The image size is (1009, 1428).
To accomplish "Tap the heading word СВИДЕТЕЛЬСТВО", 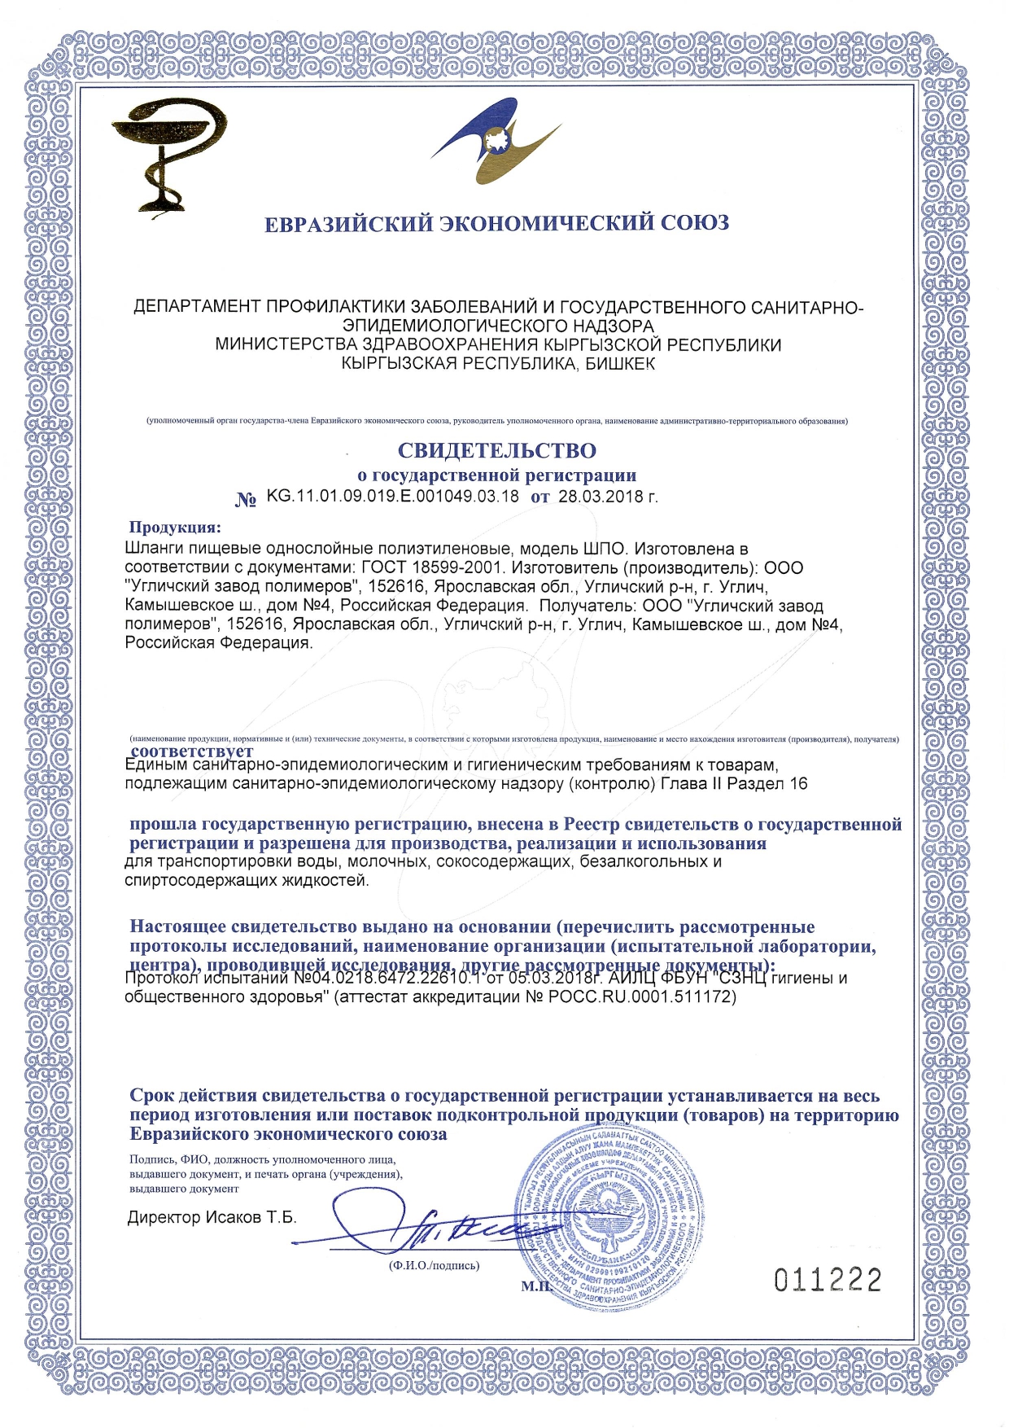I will point(496,450).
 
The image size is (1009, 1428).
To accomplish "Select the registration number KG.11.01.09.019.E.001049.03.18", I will point(392,497).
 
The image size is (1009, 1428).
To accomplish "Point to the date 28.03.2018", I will point(601,497).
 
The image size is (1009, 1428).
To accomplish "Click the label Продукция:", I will point(174,527).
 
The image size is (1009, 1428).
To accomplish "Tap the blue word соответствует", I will point(192,751).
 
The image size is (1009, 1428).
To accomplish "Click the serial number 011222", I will point(828,1281).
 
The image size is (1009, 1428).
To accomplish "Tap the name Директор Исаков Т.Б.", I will point(212,1218).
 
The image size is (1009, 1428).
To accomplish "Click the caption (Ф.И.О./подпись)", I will point(434,1266).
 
